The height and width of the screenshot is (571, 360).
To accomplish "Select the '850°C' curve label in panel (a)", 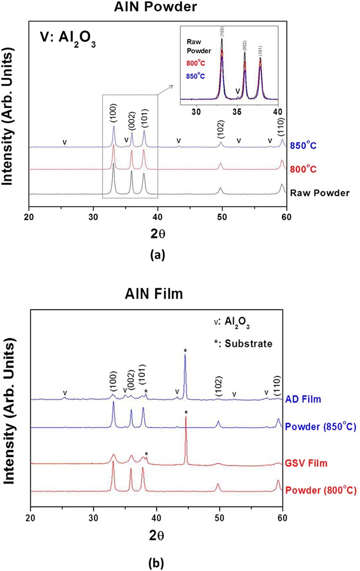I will (302, 145).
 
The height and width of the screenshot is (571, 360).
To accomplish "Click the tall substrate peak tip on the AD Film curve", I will (185, 355).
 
